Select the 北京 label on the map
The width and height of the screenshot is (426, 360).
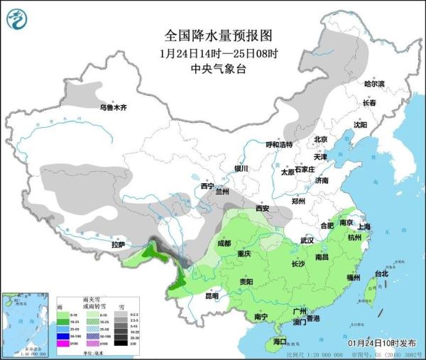pos(320,140)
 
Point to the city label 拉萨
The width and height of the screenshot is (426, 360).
pos(118,245)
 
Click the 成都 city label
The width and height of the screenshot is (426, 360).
pos(224,243)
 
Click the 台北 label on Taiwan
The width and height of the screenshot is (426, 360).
pos(381,273)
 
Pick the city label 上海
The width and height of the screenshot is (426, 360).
pos(365,227)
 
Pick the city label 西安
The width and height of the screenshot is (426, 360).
pos(262,209)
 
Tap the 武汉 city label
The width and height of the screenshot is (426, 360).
pos(307,241)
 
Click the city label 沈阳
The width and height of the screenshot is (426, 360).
pos(359,124)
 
